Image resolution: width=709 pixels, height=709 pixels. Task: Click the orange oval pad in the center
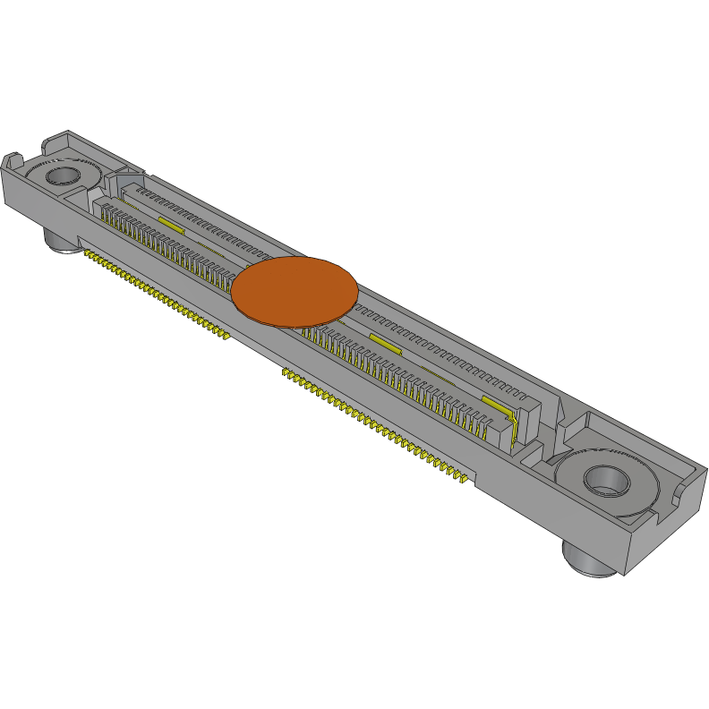click(295, 291)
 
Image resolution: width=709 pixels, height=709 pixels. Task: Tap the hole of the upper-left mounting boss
click(63, 173)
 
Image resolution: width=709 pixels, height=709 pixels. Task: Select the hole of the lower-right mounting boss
click(604, 480)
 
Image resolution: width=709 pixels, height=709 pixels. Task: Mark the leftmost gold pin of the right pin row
click(286, 371)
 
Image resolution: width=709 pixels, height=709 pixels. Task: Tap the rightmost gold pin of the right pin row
click(466, 483)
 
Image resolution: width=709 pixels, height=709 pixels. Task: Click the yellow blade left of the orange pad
click(170, 223)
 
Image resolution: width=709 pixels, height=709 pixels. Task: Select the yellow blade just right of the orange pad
click(385, 344)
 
